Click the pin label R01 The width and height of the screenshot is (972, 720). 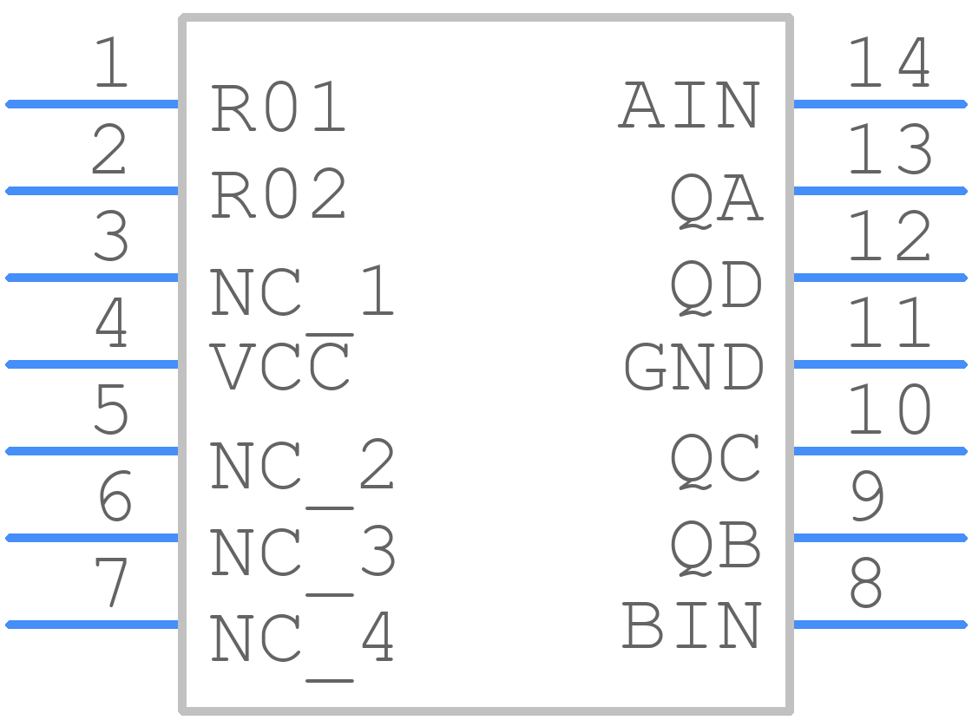278,107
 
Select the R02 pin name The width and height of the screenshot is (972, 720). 278,193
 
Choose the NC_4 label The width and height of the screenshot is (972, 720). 302,638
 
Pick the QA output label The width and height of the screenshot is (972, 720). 716,200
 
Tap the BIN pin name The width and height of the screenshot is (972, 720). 691,625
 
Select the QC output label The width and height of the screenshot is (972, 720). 715,460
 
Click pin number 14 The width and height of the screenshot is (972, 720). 889,62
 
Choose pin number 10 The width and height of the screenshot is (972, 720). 889,409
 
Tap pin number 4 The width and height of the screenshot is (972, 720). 111,322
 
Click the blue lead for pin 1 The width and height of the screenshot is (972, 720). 92,104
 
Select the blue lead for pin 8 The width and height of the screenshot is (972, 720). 880,625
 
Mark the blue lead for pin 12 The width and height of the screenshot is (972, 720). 880,278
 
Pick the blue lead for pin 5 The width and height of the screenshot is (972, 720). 92,451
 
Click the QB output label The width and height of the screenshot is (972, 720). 715,547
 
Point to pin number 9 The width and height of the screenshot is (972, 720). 867,495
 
